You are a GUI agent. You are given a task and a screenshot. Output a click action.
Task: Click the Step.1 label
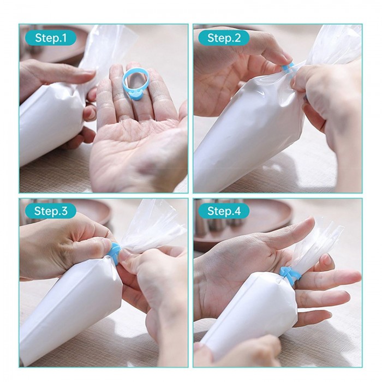[51, 38]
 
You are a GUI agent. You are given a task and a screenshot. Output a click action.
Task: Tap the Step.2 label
[224, 38]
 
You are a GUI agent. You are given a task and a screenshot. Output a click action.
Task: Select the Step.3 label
[51, 211]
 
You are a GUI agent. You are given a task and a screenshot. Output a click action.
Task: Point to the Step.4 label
[224, 211]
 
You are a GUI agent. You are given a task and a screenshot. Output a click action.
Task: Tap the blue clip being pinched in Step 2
[288, 68]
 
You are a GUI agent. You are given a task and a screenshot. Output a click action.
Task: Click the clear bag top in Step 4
[317, 246]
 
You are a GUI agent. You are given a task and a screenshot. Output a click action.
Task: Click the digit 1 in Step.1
[64, 38]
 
